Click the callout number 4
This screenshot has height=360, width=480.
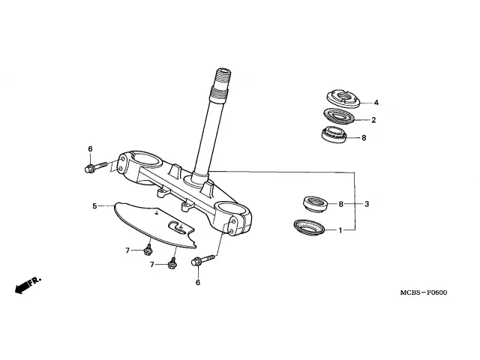[376, 103]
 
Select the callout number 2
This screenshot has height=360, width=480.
[373, 120]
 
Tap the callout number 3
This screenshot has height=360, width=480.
[367, 204]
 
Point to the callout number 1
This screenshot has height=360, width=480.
[340, 230]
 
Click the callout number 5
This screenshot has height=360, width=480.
[94, 205]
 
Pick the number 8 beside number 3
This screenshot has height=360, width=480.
[340, 204]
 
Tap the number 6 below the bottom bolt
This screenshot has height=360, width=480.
[198, 283]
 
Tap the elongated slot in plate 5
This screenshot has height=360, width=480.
[178, 226]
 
